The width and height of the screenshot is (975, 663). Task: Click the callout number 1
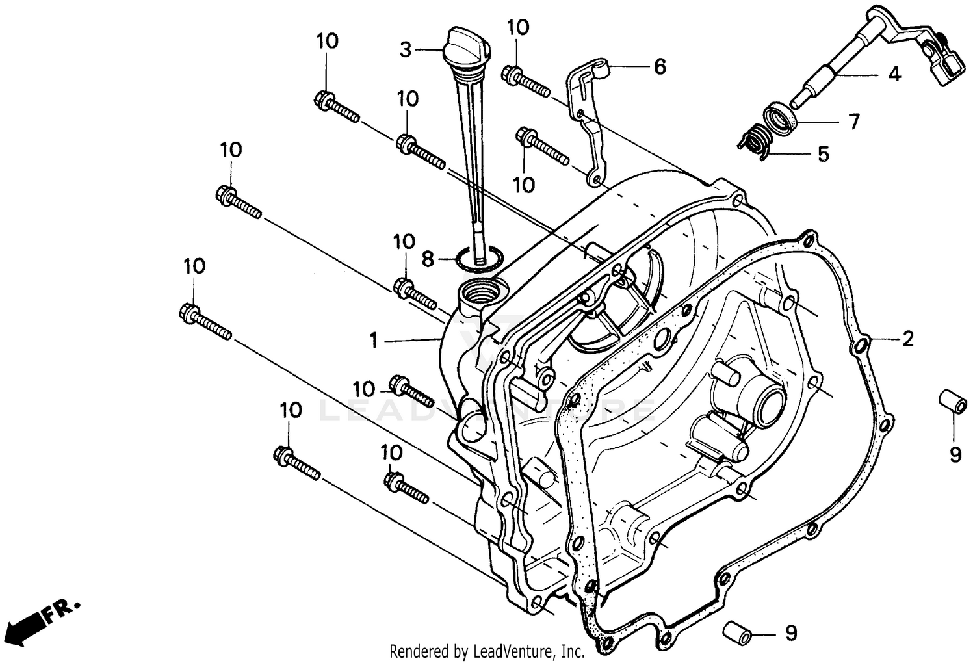[x=374, y=340]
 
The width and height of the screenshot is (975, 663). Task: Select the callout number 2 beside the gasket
[x=907, y=338]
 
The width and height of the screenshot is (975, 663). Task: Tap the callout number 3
[x=406, y=49]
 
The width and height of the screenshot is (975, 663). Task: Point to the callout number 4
[x=894, y=74]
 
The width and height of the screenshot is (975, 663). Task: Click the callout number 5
[x=823, y=154]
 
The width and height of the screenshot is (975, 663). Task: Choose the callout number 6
[x=660, y=66]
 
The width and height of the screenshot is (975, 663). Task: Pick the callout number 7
[x=853, y=121]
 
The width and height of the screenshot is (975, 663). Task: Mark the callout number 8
[x=427, y=259]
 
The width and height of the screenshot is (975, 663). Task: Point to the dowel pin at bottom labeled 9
[x=737, y=630]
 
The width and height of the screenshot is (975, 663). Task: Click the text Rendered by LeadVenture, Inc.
[x=487, y=651]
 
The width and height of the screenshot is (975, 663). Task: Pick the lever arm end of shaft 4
[x=936, y=58]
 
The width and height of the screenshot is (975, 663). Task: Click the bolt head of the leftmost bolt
[x=188, y=311]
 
